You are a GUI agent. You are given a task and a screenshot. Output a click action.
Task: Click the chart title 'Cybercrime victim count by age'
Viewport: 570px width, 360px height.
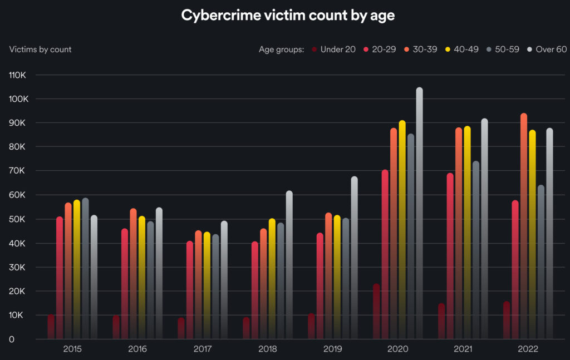pyautogui.click(x=288, y=16)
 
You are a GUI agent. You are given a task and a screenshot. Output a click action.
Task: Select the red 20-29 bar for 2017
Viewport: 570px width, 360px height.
pyautogui.click(x=190, y=289)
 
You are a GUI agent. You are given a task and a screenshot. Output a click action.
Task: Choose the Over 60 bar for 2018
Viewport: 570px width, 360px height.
pyautogui.click(x=289, y=264)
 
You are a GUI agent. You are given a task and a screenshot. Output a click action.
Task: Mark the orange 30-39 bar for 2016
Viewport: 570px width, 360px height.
pyautogui.click(x=133, y=273)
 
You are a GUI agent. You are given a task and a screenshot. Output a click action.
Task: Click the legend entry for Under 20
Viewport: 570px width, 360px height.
pyautogui.click(x=334, y=50)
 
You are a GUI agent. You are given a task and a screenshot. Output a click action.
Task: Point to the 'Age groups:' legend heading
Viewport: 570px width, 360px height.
pyautogui.click(x=281, y=50)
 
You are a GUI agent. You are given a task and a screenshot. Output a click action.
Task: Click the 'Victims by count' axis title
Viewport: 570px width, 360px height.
pyautogui.click(x=41, y=50)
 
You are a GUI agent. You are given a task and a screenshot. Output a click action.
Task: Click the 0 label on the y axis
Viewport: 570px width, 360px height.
pyautogui.click(x=12, y=339)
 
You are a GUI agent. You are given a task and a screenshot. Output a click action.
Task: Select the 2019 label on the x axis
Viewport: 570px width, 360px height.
pyautogui.click(x=332, y=349)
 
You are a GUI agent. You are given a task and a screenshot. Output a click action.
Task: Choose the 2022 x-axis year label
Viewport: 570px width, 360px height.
pyautogui.click(x=528, y=349)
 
